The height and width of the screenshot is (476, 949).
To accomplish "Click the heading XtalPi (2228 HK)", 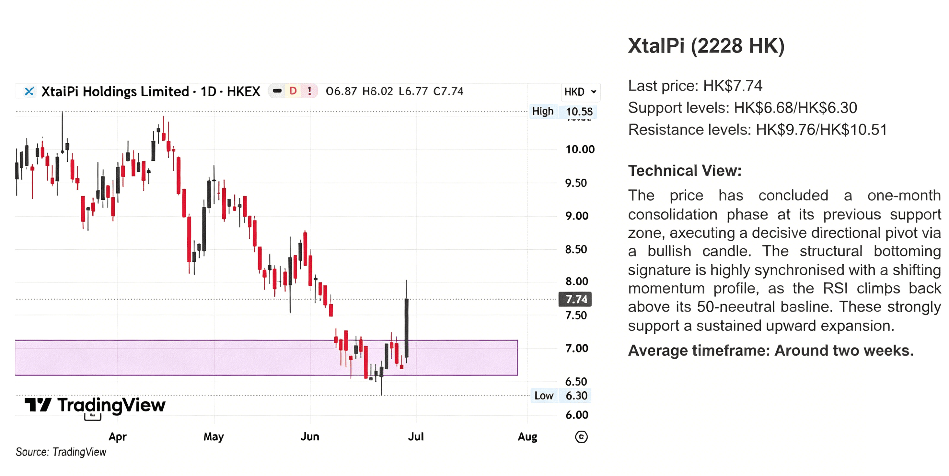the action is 706,46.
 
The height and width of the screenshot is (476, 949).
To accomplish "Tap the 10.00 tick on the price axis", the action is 580,149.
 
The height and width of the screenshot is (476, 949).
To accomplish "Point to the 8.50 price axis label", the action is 576,249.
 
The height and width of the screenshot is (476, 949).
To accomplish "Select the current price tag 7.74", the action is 575,299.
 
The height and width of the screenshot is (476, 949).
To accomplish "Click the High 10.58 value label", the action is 579,111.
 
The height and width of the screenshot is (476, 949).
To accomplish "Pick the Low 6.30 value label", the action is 576,396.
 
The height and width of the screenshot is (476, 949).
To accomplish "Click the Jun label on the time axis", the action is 310,436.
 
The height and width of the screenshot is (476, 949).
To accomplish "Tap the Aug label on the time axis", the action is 527,437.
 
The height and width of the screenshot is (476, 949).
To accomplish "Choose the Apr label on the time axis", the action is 118,437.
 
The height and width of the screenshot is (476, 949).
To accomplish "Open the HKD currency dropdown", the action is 580,92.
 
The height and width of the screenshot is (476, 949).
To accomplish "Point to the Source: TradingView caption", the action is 61,452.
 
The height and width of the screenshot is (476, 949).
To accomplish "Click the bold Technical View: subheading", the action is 685,171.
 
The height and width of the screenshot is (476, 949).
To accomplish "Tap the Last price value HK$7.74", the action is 732,86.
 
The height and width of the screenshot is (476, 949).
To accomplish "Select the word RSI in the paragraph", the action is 835,288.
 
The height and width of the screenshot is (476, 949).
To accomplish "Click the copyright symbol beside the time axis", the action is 581,437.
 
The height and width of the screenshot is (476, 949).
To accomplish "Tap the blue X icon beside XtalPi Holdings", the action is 29,91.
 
